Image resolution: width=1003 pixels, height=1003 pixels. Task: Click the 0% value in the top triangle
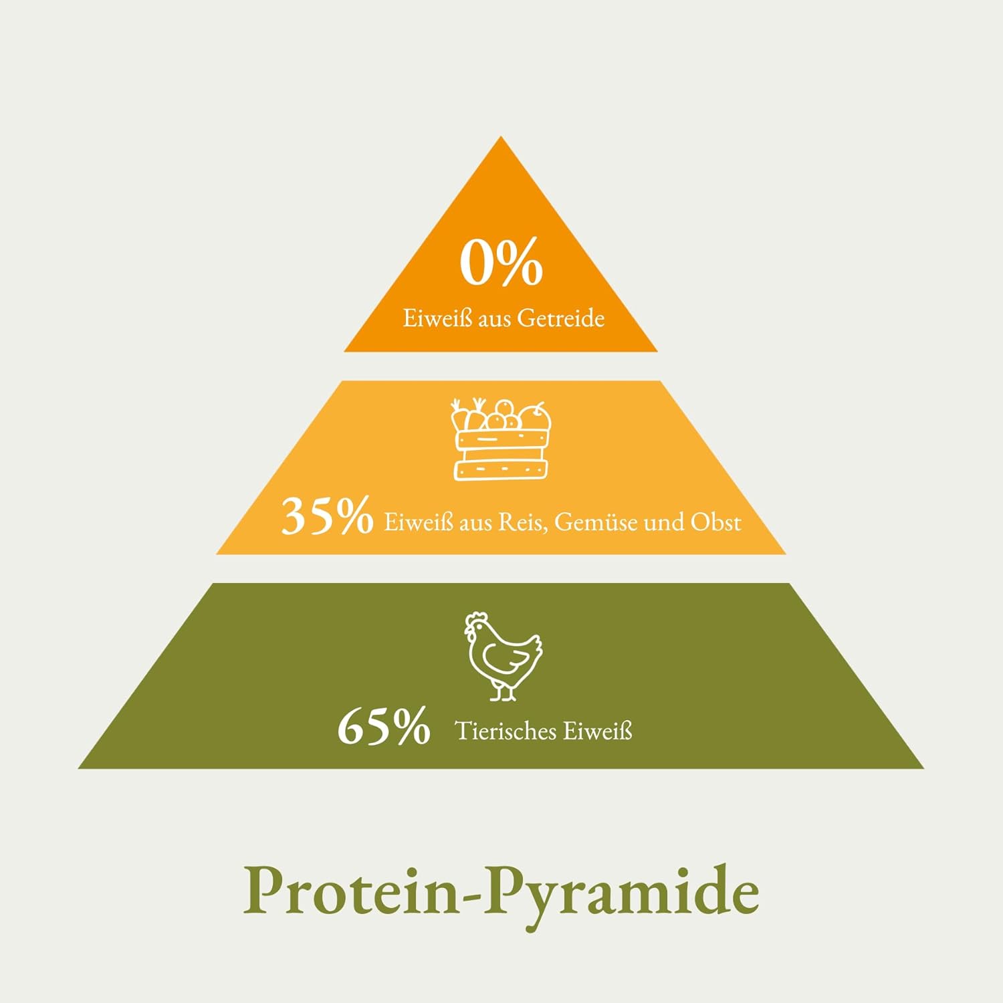pos(501,263)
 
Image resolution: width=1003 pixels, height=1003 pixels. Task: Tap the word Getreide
pos(560,318)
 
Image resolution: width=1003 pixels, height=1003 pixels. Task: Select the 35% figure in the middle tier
pos(327,516)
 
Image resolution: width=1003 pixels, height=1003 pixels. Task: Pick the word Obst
pos(715,522)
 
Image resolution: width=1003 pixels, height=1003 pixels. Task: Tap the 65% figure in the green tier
pos(384,727)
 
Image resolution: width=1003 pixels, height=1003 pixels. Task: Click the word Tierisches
pos(506,731)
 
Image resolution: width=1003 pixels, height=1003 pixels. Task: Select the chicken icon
pos(503,656)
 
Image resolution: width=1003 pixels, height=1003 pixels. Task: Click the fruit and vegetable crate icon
pos(501,439)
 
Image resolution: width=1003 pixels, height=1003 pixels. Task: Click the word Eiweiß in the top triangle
pos(437,318)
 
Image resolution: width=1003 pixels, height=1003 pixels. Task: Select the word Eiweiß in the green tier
pos(597,731)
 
